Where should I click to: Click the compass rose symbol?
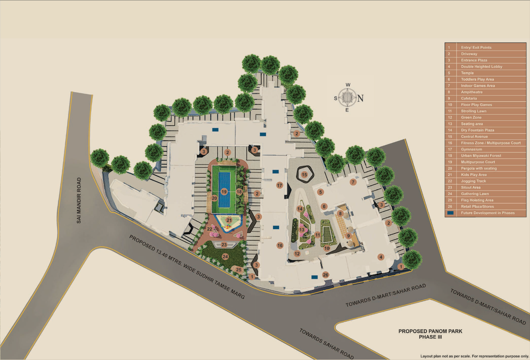pos(347,98)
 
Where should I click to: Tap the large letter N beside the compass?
pos(360,98)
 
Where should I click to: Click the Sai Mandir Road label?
pos(79,200)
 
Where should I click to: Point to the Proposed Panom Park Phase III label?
pos(430,334)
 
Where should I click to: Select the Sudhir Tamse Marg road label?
pos(187,267)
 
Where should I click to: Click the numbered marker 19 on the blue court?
pos(224,192)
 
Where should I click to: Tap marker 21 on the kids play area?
pos(229,220)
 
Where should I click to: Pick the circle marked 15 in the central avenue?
pos(304,175)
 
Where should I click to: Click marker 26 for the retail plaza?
pos(325,275)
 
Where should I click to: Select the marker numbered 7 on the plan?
pos(353,182)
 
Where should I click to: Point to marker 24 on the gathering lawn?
pos(225,256)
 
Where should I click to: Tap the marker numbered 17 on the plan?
pos(280,185)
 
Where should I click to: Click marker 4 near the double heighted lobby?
pos(381,257)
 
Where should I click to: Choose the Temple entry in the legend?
pos(467,73)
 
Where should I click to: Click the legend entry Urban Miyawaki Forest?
pos(481,156)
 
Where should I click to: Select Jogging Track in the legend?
pos(473,181)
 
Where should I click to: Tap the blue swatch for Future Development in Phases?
pos(451,213)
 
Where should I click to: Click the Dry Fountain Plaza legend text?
pos(477,130)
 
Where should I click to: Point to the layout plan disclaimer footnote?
pos(474,356)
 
